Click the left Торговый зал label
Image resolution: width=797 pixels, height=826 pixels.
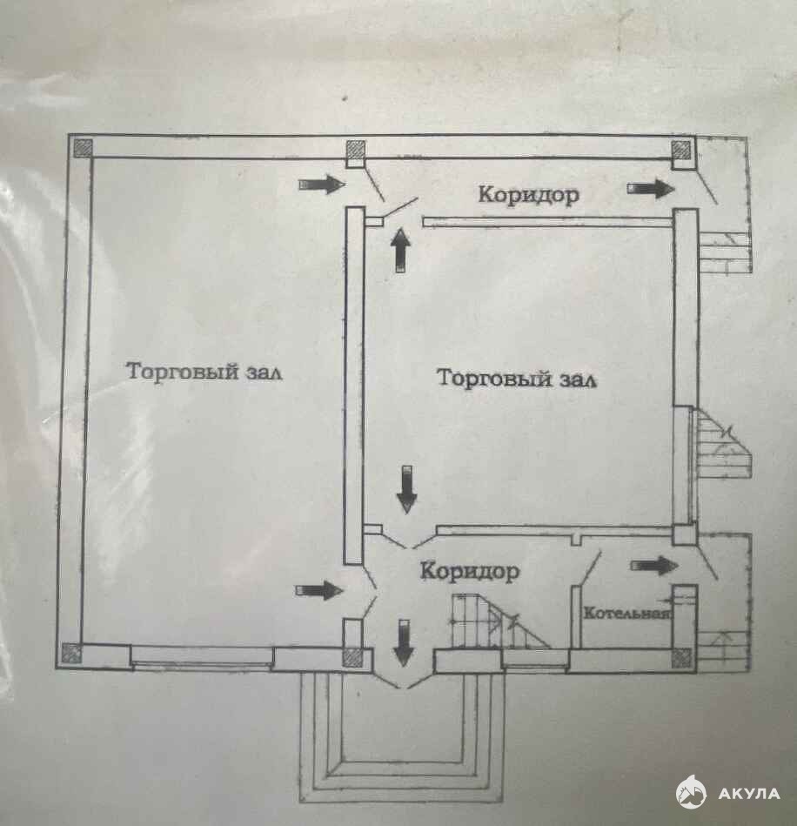(x=205, y=372)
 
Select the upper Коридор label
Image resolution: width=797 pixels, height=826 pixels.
(x=528, y=195)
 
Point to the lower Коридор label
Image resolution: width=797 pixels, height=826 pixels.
(x=470, y=572)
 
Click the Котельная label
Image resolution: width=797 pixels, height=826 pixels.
(x=626, y=613)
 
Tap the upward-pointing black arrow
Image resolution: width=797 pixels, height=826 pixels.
(x=400, y=250)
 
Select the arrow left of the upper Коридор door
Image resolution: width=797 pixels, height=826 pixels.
(x=319, y=185)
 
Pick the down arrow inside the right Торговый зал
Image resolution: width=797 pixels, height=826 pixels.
(x=406, y=490)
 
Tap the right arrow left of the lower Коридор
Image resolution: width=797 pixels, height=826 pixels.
(x=318, y=590)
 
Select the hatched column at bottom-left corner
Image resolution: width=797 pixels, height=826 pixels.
(x=71, y=653)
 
